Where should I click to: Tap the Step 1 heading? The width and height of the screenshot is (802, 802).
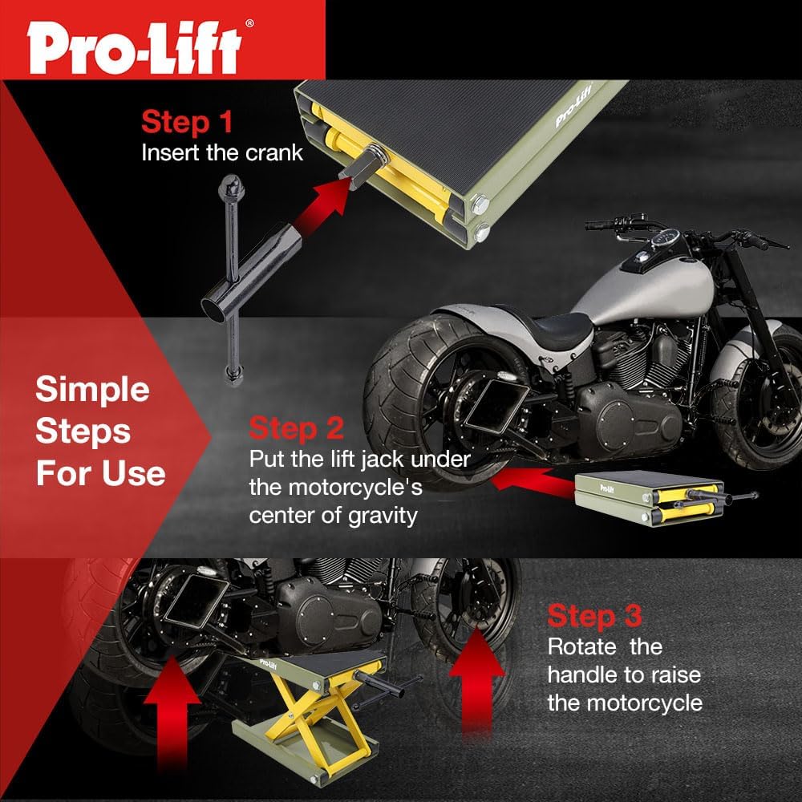187,122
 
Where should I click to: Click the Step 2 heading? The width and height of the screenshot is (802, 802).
296,428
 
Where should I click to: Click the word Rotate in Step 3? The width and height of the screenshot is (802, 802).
581,646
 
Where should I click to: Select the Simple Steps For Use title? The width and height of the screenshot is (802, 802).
99,431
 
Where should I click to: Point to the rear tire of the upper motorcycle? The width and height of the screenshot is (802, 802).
425,377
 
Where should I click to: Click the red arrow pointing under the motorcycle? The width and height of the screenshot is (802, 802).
529,480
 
